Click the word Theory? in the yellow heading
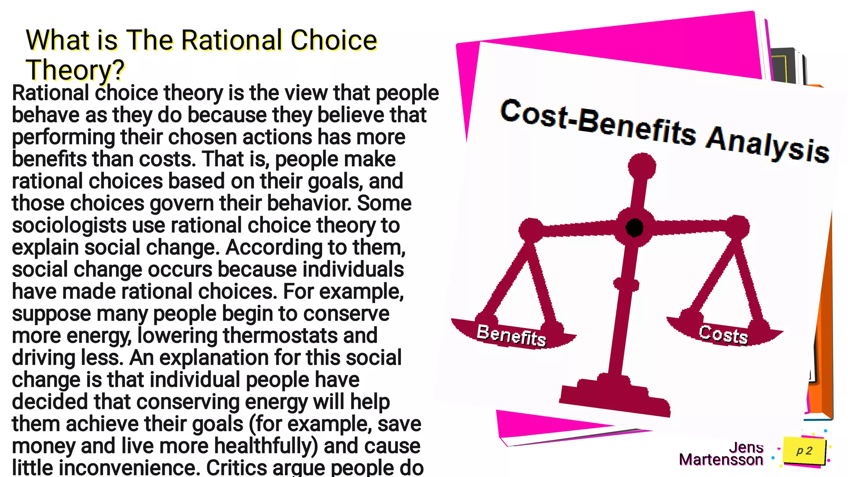click(x=75, y=70)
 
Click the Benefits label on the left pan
click(x=511, y=335)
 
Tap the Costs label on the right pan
click(x=723, y=334)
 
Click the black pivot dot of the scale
click(x=634, y=228)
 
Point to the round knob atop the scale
click(x=642, y=166)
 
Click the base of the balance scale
click(x=614, y=399)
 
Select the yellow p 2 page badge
click(x=804, y=451)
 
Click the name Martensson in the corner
click(x=721, y=460)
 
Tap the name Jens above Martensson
click(x=746, y=447)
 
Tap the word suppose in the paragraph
click(x=51, y=314)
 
